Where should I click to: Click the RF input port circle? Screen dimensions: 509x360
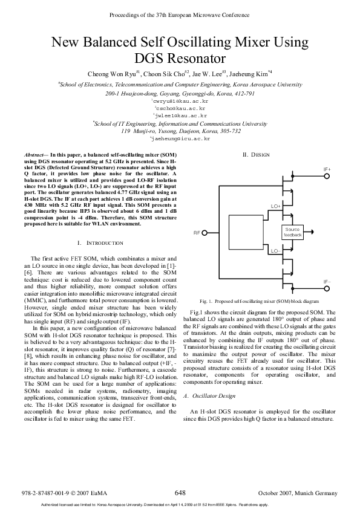(x=205, y=232)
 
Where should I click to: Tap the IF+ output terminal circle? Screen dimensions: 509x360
(x=327, y=177)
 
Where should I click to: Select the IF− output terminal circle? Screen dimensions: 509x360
(x=327, y=288)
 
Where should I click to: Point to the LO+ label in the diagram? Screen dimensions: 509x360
(x=275, y=206)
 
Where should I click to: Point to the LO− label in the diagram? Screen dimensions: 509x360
(x=275, y=250)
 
